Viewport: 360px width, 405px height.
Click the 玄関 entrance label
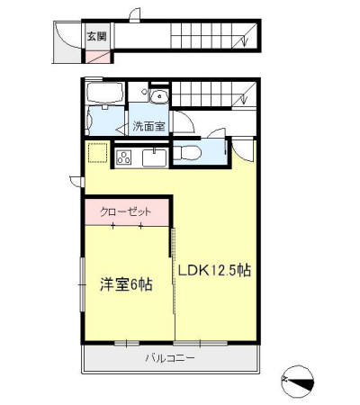96,37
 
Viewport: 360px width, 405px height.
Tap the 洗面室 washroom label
149,125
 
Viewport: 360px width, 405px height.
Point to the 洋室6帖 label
126,284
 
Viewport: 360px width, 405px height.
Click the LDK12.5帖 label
213,271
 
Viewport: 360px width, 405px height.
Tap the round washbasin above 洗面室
158,96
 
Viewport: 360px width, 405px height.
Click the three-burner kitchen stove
124,157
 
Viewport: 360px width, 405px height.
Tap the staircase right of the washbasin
212,94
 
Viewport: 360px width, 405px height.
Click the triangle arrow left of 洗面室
120,127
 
